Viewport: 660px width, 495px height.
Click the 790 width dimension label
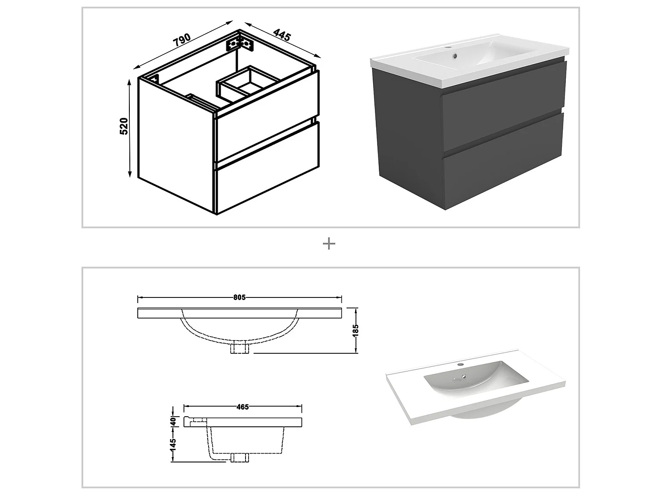pos(182,40)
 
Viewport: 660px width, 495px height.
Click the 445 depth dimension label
pos(282,35)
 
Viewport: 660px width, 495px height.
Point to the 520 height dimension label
pos(124,126)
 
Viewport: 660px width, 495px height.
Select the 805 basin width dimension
pos(239,297)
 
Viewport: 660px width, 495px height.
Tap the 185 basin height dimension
pos(356,330)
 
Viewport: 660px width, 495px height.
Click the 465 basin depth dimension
pos(242,407)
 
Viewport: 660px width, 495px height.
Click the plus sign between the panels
pos(329,244)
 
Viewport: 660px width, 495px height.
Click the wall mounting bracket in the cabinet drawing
pos(239,44)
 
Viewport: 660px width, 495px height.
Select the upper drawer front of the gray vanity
pos(502,107)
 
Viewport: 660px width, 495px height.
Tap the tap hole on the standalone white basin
pos(462,364)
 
